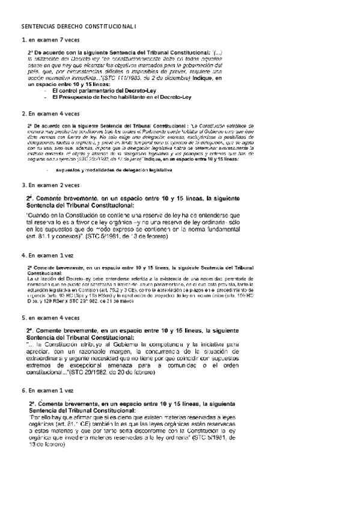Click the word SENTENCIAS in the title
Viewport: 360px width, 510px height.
click(38, 27)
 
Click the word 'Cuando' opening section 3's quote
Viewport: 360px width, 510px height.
click(39, 214)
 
